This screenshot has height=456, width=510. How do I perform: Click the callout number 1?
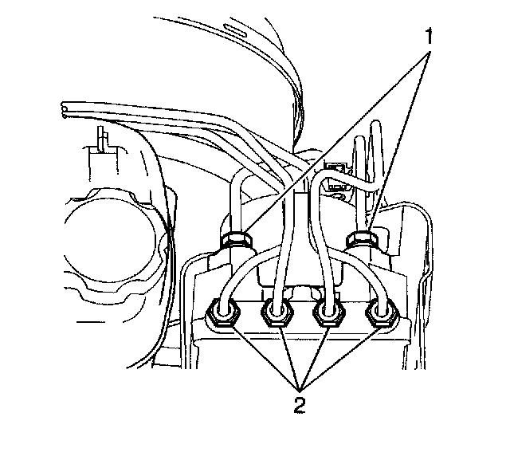pos(429,35)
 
